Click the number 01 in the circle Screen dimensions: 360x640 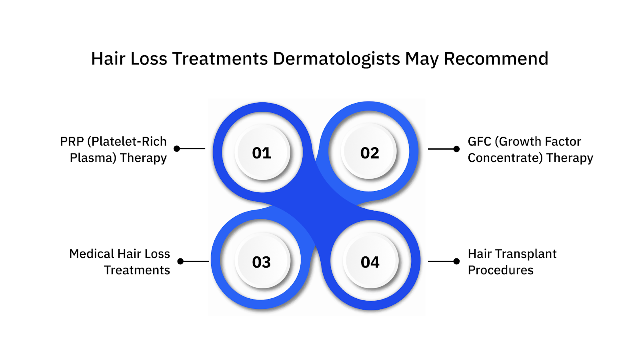(x=262, y=153)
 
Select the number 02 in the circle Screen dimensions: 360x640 (x=370, y=153)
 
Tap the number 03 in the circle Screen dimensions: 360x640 (x=262, y=262)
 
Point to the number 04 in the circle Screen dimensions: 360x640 (x=370, y=262)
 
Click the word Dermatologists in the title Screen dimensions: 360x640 (x=336, y=59)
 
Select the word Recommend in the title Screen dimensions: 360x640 (x=496, y=59)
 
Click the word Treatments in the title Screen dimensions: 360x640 (x=220, y=59)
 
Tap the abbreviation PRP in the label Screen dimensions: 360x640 (x=72, y=142)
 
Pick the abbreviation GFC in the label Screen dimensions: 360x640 (x=480, y=142)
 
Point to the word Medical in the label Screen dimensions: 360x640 (x=91, y=254)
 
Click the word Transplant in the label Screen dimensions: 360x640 (x=526, y=254)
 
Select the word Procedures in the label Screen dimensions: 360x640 (x=500, y=270)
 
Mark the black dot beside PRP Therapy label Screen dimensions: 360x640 (x=177, y=149)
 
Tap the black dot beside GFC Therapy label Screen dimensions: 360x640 (x=456, y=149)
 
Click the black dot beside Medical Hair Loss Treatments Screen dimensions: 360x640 (x=180, y=261)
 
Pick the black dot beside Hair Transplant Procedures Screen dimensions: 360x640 (x=456, y=261)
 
